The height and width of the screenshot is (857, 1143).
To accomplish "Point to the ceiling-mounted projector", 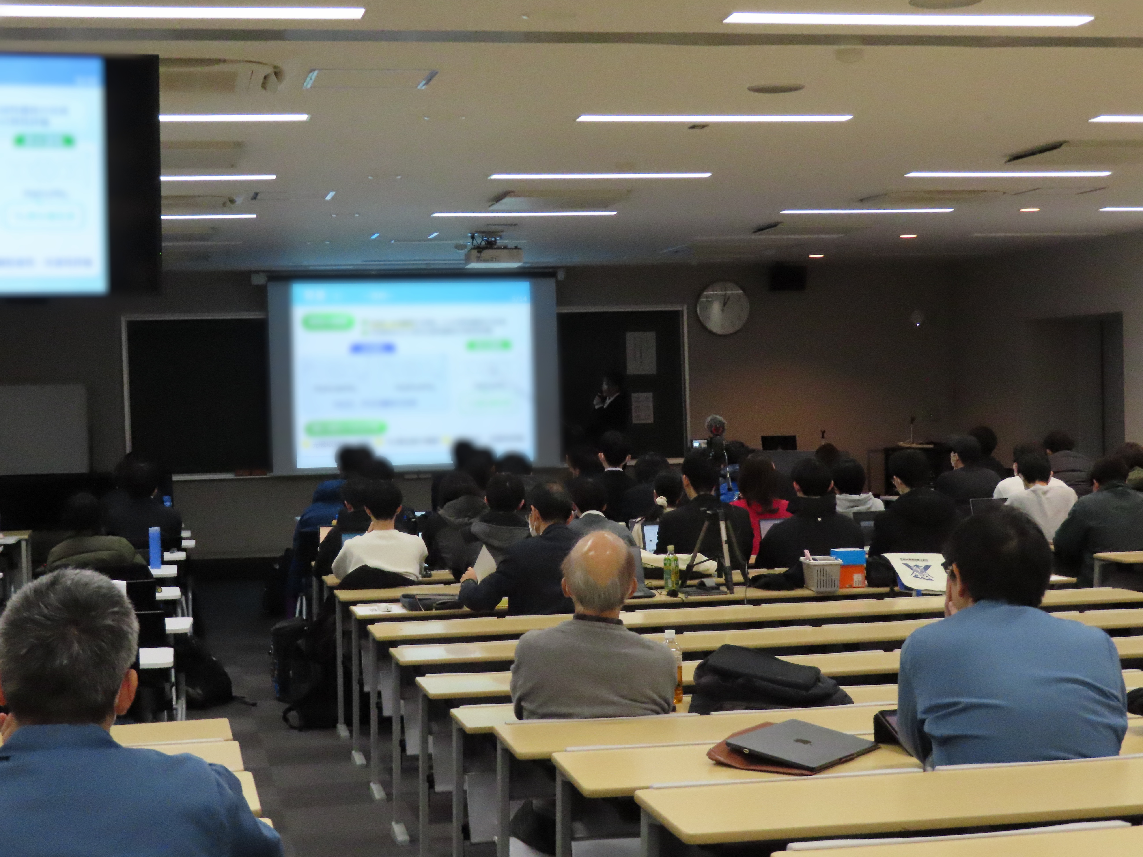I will coord(493,254).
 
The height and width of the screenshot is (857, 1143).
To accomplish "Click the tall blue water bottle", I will coord(154,548).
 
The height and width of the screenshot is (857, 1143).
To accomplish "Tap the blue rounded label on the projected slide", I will coord(372,349).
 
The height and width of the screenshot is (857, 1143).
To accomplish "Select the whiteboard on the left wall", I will coord(44,429).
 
